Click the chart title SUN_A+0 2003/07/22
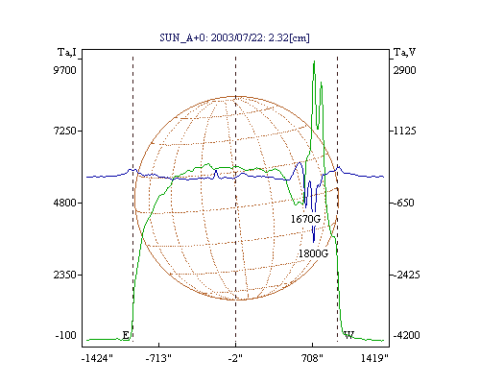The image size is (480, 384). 234,37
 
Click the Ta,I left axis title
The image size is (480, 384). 67,52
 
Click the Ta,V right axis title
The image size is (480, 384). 404,52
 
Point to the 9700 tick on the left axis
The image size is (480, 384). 65,70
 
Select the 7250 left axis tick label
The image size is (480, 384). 65,131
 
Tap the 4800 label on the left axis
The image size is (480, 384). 65,203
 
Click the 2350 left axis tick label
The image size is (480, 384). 65,275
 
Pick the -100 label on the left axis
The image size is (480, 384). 66,335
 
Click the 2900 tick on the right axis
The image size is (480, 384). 404,70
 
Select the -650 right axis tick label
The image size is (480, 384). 403,203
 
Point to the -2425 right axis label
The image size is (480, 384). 406,275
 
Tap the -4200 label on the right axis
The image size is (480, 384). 406,335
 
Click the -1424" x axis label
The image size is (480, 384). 97,358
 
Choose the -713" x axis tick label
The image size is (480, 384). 158,358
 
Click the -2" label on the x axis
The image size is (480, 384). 235,358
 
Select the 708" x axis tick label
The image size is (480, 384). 312,358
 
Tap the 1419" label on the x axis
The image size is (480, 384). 374,358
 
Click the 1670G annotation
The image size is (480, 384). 305,219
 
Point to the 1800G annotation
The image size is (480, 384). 313,253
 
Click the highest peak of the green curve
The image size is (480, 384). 314,60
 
